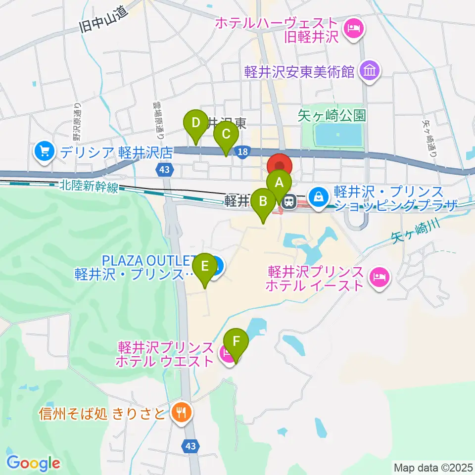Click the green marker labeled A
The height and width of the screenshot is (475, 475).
pyautogui.click(x=279, y=183)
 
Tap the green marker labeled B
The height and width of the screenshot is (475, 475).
pyautogui.click(x=263, y=201)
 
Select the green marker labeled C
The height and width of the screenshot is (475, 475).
pyautogui.click(x=226, y=134)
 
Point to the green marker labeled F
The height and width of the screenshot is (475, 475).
pyautogui.click(x=236, y=341)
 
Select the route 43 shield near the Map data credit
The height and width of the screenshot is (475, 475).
pyautogui.click(x=191, y=446)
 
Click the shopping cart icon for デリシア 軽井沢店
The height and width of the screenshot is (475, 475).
pyautogui.click(x=45, y=151)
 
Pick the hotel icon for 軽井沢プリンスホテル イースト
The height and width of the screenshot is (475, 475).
pyautogui.click(x=380, y=278)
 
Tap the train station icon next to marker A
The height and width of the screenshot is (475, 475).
pyautogui.click(x=289, y=200)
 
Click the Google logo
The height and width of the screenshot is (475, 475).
pyautogui.click(x=34, y=463)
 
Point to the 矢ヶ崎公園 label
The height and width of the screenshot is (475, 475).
pyautogui.click(x=332, y=116)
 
